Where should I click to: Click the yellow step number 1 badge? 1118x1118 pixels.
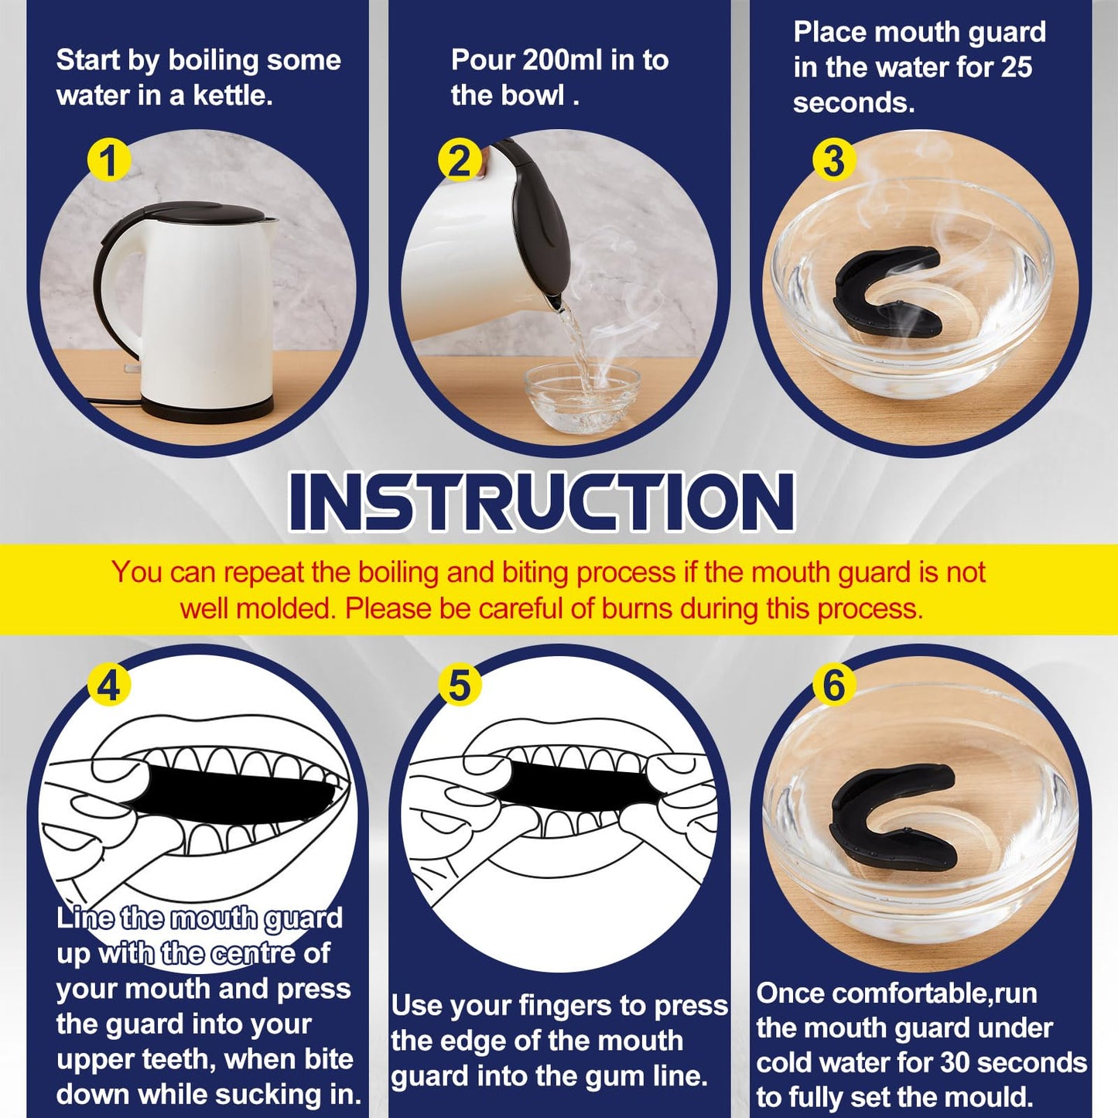coord(108,161)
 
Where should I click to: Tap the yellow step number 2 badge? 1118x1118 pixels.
coord(459,161)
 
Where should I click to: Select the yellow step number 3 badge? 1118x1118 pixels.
coord(834,161)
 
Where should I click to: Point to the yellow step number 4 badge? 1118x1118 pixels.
coord(108,686)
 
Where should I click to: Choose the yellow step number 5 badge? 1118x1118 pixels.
coord(459,686)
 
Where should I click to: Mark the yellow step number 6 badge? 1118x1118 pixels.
coord(834,686)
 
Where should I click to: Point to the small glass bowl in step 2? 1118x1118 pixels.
coord(582,395)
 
